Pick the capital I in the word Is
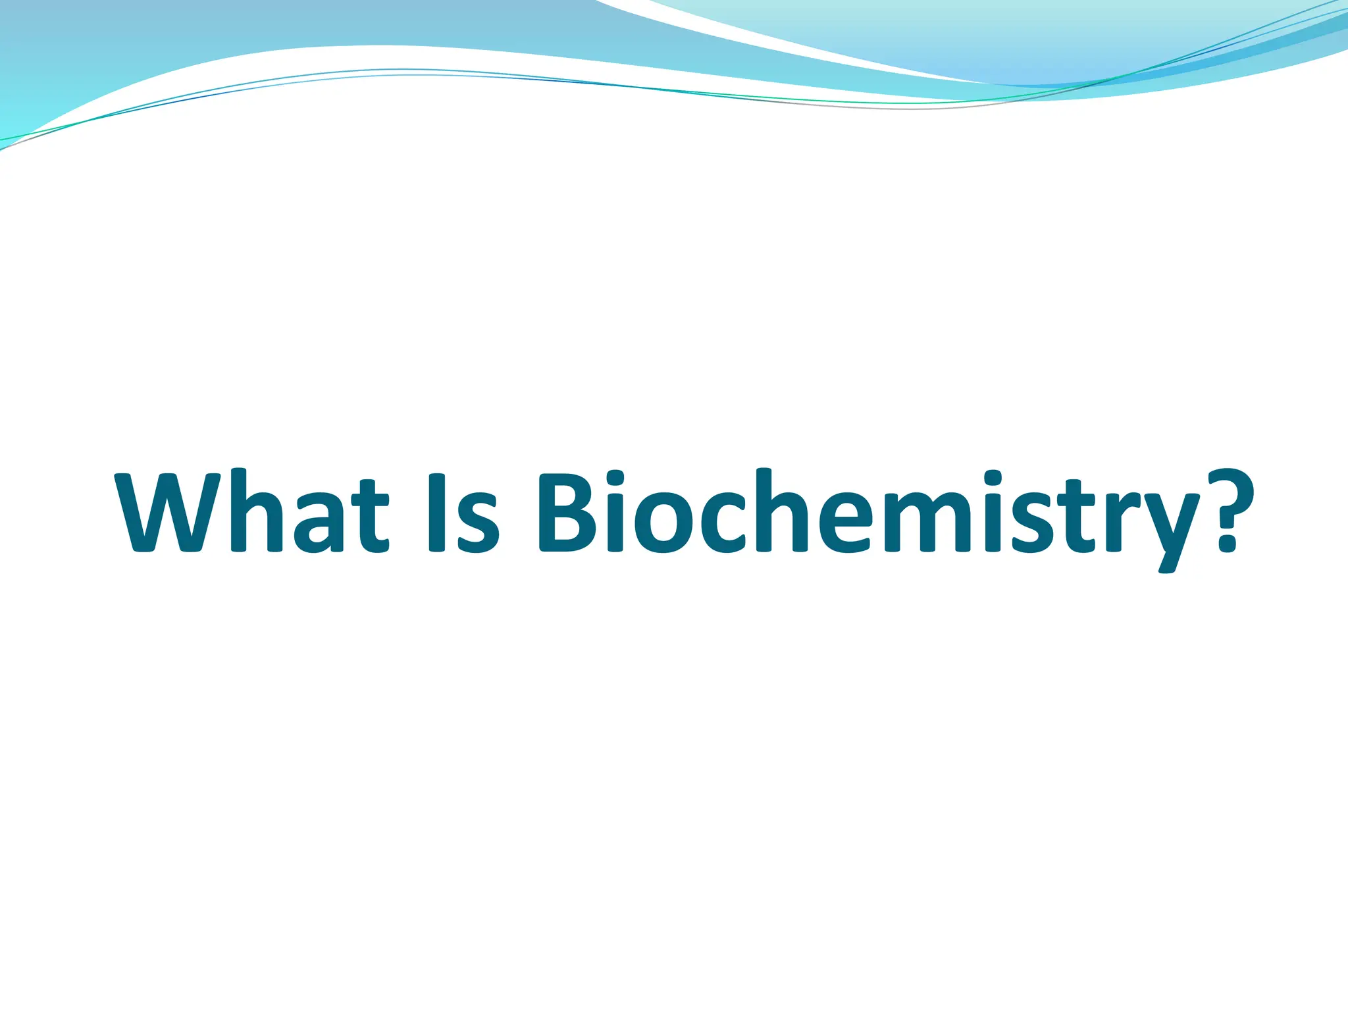[x=437, y=512]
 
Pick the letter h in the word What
[x=257, y=512]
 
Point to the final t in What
[x=370, y=517]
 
